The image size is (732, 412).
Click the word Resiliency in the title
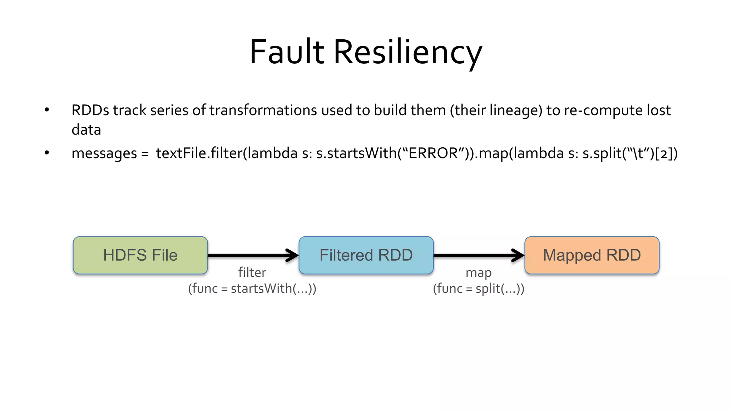tap(408, 52)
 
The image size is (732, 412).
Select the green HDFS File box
tap(140, 255)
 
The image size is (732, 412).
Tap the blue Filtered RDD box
tap(366, 255)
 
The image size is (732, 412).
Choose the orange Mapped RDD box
tap(592, 255)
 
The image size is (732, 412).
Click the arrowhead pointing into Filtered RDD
tap(293, 255)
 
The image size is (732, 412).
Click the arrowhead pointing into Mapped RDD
tap(519, 255)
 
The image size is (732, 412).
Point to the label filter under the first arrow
tap(252, 273)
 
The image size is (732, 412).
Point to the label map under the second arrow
tap(478, 273)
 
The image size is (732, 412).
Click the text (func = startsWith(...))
tap(252, 288)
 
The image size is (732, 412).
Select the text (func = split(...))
tap(478, 288)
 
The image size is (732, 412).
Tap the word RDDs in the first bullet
tap(90, 110)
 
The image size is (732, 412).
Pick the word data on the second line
tap(86, 129)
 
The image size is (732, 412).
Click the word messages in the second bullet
tap(104, 153)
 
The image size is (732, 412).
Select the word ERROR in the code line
tap(433, 153)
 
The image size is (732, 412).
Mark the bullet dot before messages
tap(47, 153)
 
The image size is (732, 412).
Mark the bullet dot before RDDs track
tap(47, 109)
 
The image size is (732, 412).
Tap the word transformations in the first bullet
tap(263, 110)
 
